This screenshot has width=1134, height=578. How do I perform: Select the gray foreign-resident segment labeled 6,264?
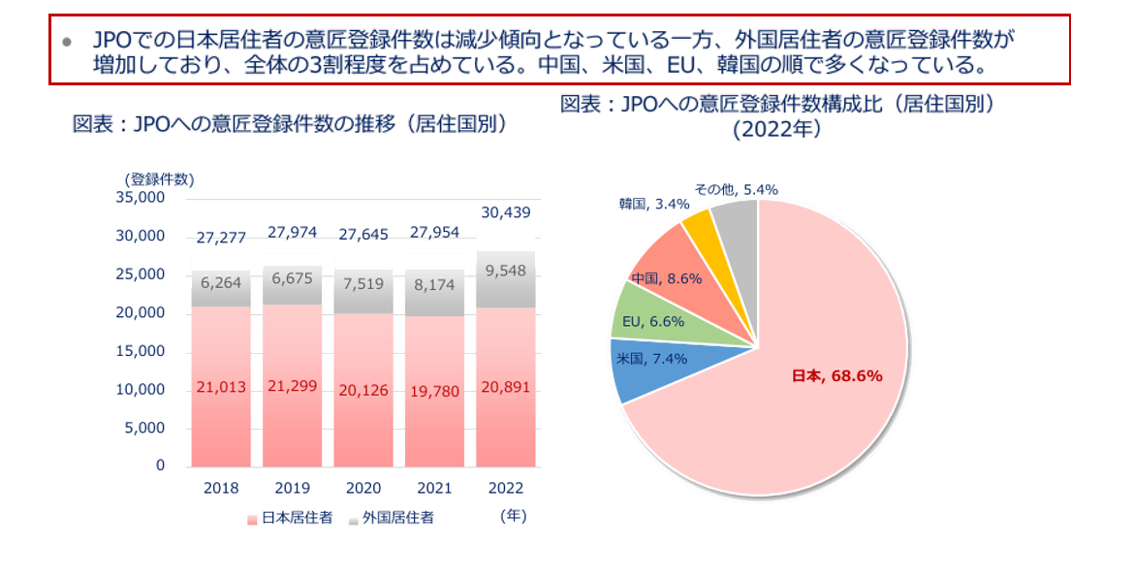(x=220, y=283)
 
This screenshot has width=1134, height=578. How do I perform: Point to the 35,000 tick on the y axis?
(x=142, y=198)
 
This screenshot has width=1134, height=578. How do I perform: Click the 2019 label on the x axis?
(x=292, y=488)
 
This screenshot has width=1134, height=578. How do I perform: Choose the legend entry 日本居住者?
(x=291, y=518)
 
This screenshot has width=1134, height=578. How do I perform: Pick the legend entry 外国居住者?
(x=392, y=518)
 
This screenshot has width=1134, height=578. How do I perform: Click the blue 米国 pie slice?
(x=645, y=363)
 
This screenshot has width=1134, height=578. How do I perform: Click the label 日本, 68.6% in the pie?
(x=836, y=376)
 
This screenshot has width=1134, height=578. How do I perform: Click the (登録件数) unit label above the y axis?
(x=159, y=178)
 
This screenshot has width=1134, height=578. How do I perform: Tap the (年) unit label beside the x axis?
(x=514, y=516)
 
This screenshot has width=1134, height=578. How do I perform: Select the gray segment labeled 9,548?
(x=504, y=272)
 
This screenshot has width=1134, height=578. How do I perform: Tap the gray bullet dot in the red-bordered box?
(x=66, y=42)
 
